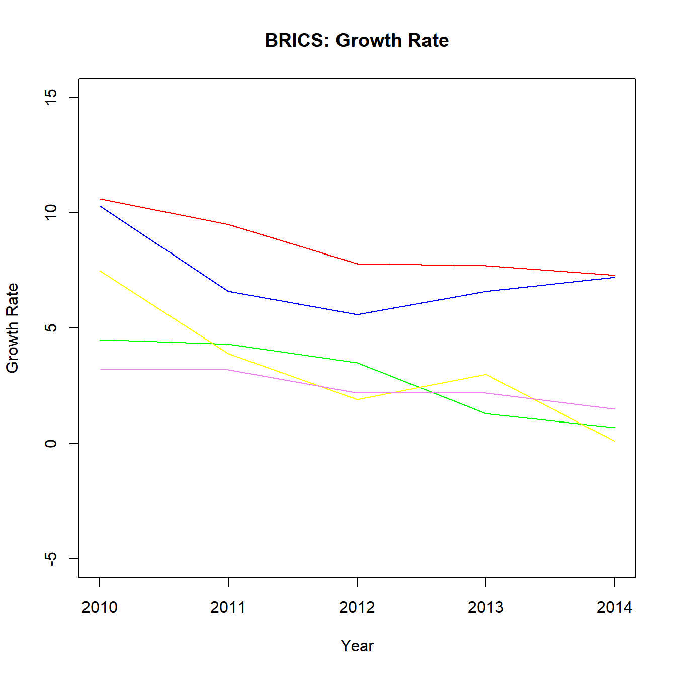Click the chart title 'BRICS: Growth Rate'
click(x=357, y=40)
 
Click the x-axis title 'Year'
click(x=357, y=646)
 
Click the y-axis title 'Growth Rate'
click(x=12, y=328)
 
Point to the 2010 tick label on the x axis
click(x=100, y=607)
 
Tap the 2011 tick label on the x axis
click(x=228, y=607)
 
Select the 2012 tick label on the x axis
click(x=357, y=607)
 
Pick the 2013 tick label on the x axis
click(x=486, y=607)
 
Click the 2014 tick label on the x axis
click(x=614, y=607)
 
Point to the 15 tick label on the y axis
click(x=51, y=97)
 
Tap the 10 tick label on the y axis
click(x=51, y=212)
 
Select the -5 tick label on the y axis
click(x=51, y=558)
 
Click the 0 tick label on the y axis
click(x=51, y=443)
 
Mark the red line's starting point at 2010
click(x=100, y=199)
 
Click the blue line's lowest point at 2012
click(x=357, y=314)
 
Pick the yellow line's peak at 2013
click(x=486, y=374)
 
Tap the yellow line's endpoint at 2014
click(x=614, y=441)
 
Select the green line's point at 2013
click(x=486, y=413)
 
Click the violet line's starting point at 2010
click(x=100, y=370)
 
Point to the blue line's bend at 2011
click(x=228, y=291)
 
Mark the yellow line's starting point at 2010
click(x=100, y=271)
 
